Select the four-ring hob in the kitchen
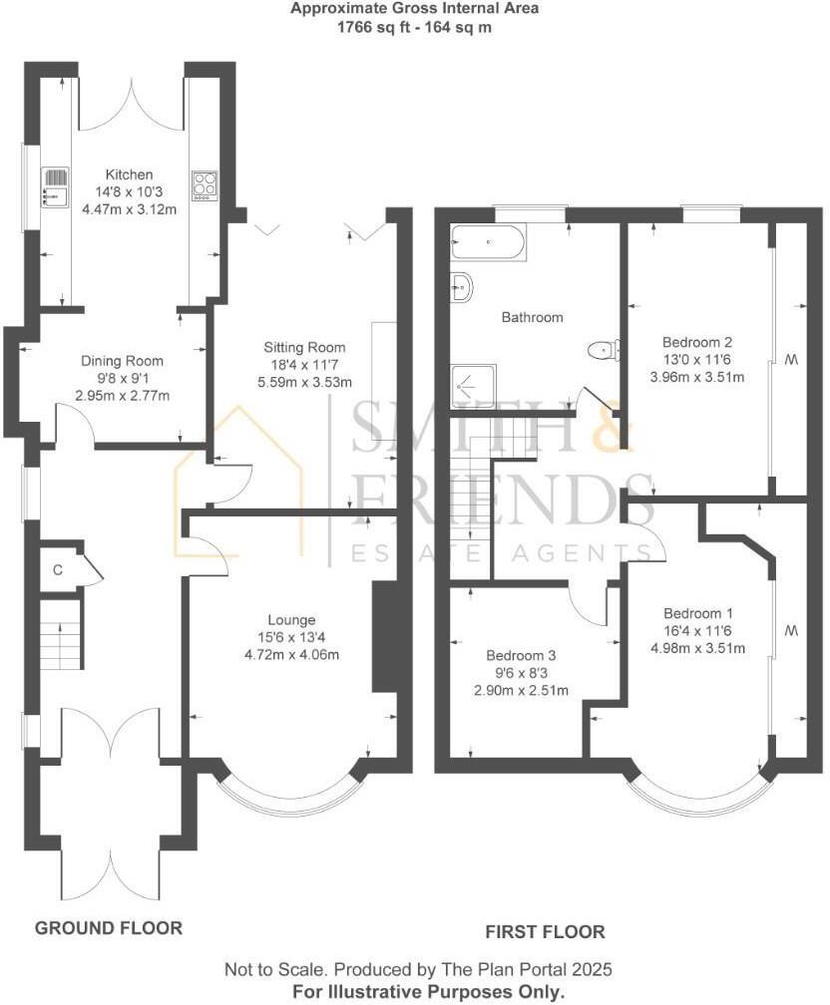206,185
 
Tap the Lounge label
291,619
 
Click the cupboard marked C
58,570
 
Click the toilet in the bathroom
603,349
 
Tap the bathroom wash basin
462,286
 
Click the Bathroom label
532,318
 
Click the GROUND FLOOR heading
109,928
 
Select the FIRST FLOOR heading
545,932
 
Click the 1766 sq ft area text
373,28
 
